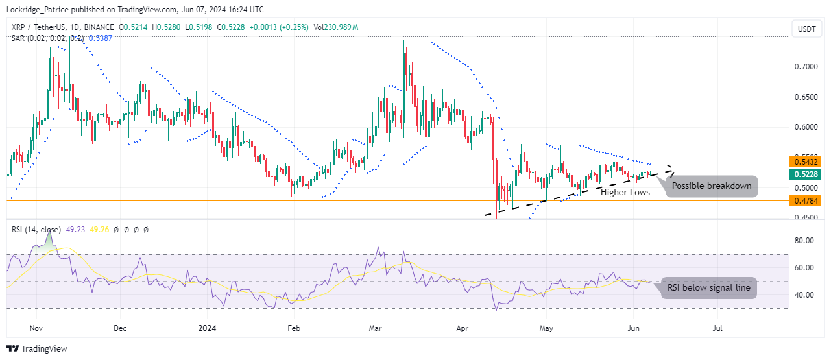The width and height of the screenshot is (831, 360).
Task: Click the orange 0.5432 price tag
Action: tap(806, 161)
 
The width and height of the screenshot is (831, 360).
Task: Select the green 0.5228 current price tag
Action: tap(806, 174)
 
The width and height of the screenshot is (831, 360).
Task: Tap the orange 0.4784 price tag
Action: tap(806, 201)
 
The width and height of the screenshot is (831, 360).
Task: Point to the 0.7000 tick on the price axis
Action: tap(806, 67)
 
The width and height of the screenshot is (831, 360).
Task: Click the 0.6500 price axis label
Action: tap(806, 97)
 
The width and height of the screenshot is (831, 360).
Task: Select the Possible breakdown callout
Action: tap(711, 186)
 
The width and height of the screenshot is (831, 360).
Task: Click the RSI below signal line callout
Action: tap(708, 288)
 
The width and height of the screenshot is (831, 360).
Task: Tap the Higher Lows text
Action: tap(625, 193)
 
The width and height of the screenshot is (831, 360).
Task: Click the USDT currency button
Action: tap(806, 29)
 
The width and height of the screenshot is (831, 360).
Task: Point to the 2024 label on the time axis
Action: tap(207, 328)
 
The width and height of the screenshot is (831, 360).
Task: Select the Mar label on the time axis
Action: tap(376, 328)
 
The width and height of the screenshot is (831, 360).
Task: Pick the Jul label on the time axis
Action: tap(717, 328)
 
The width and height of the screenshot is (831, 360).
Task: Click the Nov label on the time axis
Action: tap(36, 328)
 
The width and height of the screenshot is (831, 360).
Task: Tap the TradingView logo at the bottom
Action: tap(37, 349)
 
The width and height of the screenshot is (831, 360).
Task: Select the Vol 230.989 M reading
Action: tap(335, 27)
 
